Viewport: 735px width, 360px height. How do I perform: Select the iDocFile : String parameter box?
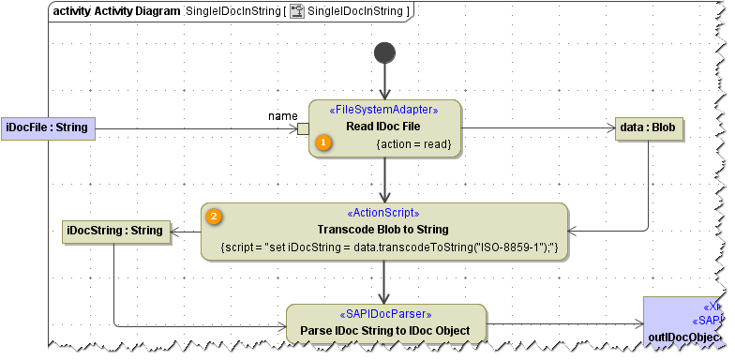(47, 127)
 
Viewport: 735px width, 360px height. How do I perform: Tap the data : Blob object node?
(648, 127)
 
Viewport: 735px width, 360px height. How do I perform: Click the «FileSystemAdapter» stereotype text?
(384, 110)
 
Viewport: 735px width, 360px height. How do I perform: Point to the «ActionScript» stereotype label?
(383, 213)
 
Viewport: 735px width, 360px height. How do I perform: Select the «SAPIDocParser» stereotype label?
(385, 314)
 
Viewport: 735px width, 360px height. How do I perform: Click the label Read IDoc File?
(384, 127)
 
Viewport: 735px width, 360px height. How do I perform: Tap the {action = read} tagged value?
(413, 144)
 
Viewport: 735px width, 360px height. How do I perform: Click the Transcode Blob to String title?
(383, 229)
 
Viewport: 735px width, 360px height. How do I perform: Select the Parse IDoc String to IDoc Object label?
(385, 331)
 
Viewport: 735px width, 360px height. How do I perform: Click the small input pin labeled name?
(303, 128)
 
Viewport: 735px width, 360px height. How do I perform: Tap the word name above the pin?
(282, 115)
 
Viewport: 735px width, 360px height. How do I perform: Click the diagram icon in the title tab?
(296, 11)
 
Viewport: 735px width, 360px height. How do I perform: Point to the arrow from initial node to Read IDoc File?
(384, 82)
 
